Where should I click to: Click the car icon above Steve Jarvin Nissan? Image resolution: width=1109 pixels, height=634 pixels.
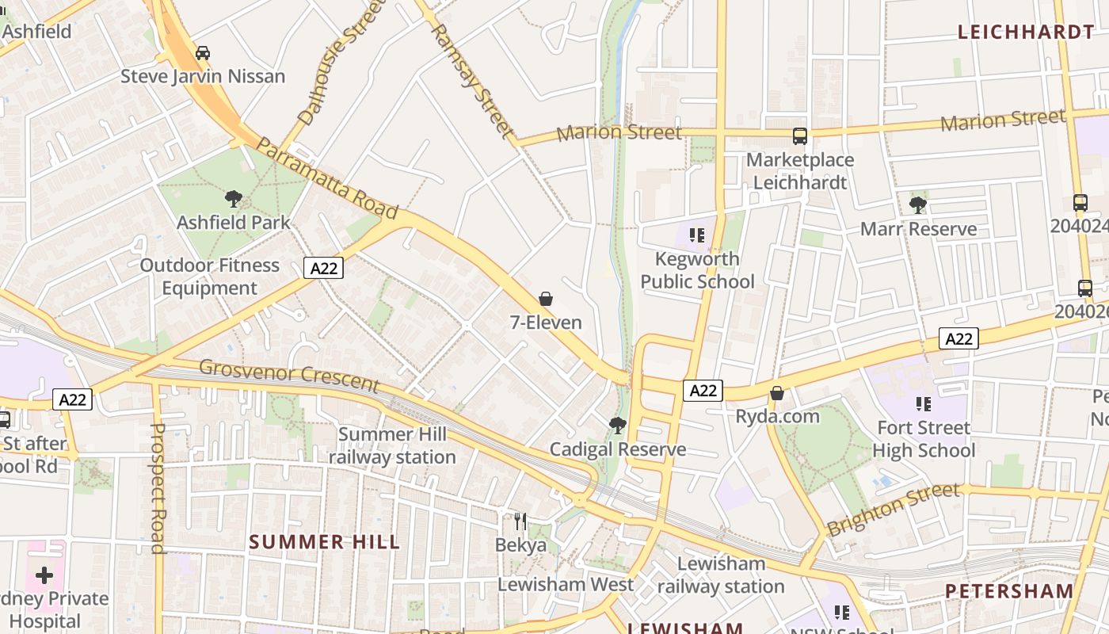coord(203,53)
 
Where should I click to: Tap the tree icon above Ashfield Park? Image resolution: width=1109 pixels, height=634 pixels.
coord(233,199)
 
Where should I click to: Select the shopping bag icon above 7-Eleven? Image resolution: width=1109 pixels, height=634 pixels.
coord(546,299)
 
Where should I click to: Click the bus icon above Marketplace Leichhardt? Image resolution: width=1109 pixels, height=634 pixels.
coord(800,136)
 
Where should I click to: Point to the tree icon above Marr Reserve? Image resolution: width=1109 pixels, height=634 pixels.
coord(918,205)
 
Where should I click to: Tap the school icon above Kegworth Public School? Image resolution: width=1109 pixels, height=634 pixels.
coord(697,235)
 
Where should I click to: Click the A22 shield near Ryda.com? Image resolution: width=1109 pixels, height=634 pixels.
coord(703,390)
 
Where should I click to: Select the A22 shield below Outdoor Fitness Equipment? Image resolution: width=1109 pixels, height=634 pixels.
coord(323,268)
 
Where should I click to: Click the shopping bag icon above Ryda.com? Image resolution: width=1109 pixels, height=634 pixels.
coord(777,393)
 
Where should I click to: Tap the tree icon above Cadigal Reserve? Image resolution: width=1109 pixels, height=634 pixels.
coord(618,426)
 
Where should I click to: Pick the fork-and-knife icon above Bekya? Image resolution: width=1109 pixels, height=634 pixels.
coord(520,521)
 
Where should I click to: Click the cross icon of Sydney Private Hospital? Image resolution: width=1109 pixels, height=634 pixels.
coord(44,575)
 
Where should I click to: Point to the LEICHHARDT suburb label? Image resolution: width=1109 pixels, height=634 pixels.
coord(1025,32)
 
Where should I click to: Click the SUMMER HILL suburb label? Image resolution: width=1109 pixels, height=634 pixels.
coord(325,542)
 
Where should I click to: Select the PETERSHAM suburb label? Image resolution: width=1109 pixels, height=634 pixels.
coord(1009,591)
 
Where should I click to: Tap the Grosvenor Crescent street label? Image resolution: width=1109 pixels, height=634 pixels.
coord(289,374)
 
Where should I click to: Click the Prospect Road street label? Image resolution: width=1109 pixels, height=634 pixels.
coord(158,487)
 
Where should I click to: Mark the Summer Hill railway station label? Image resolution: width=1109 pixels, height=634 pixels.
coord(392,445)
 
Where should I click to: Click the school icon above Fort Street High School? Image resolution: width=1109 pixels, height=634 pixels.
coord(924,404)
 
